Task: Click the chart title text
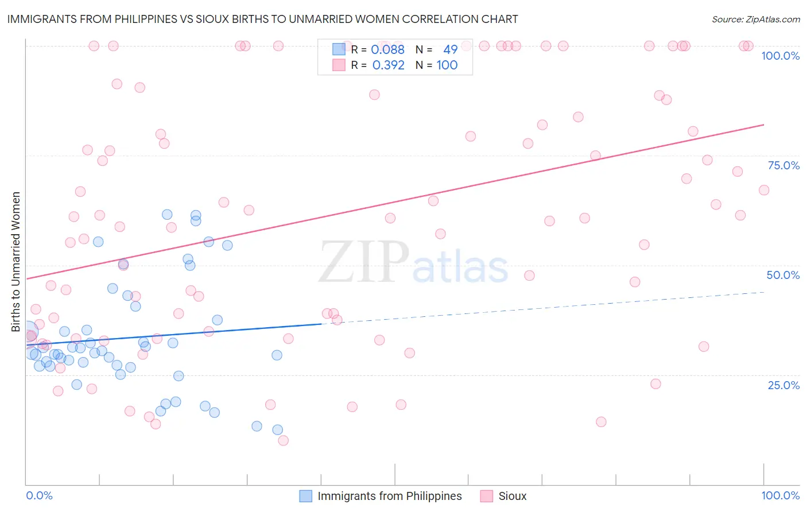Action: pyautogui.click(x=262, y=20)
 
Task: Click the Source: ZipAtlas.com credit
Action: pyautogui.click(x=755, y=20)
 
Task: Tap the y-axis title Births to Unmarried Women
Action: pyautogui.click(x=16, y=262)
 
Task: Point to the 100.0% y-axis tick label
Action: pyautogui.click(x=780, y=56)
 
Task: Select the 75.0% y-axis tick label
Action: pyautogui.click(x=783, y=165)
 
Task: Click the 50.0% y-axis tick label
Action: pyautogui.click(x=783, y=275)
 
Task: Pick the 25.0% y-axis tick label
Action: pyautogui.click(x=783, y=385)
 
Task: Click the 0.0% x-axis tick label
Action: pyautogui.click(x=39, y=495)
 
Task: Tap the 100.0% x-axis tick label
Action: pyautogui.click(x=780, y=495)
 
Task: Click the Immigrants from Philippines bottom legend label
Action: pyautogui.click(x=389, y=496)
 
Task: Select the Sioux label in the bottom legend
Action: pyautogui.click(x=512, y=496)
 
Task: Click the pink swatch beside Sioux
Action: pyautogui.click(x=487, y=496)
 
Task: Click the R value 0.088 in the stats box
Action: pyautogui.click(x=388, y=49)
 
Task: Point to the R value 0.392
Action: pyautogui.click(x=388, y=65)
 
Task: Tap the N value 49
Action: pyautogui.click(x=450, y=49)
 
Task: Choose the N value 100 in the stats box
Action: pyautogui.click(x=447, y=65)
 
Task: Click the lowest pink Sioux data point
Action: pyautogui.click(x=283, y=441)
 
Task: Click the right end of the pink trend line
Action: pyautogui.click(x=764, y=125)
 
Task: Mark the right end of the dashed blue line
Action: pyautogui.click(x=764, y=292)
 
